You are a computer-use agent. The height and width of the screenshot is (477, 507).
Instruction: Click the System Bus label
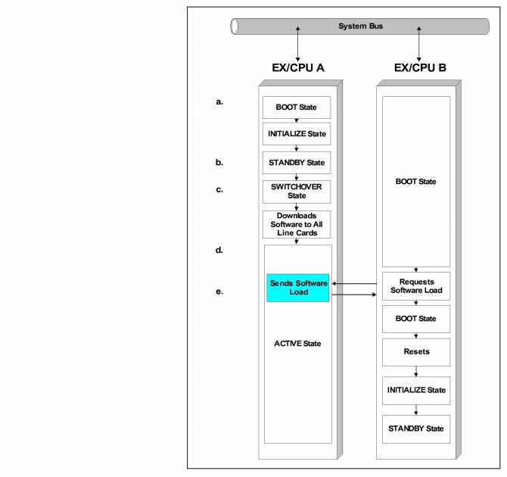coord(360,26)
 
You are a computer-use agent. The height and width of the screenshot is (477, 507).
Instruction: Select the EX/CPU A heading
coord(298,67)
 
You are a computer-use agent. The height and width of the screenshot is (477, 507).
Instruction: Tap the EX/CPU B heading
coord(420,67)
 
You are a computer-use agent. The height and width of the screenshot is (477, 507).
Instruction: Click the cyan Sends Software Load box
coord(298,288)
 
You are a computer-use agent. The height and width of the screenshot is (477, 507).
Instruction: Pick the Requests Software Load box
coord(413,285)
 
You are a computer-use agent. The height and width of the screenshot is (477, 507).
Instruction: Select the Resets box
coord(413,352)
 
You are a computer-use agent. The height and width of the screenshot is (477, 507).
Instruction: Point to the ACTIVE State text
coord(298,344)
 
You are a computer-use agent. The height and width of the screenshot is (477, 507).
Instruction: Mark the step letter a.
coord(219,101)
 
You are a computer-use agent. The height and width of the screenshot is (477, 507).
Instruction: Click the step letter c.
coord(219,189)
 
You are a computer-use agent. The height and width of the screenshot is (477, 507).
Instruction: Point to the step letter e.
coord(219,290)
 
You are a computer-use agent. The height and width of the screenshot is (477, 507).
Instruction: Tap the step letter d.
coord(219,250)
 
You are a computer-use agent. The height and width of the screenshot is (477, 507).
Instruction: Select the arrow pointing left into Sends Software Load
coord(355,284)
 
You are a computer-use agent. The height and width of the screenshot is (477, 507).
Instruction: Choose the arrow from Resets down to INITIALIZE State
coord(415,371)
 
